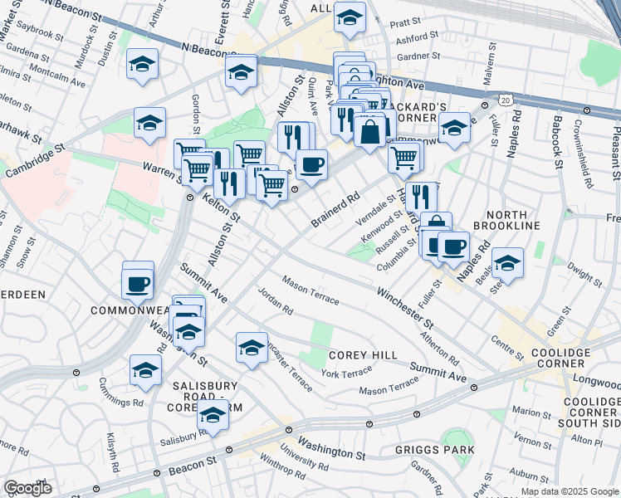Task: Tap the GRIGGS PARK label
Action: (442, 450)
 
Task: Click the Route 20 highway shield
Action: (506, 100)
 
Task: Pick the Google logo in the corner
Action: (27, 488)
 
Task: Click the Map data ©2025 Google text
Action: (570, 491)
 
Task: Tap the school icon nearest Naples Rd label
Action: (507, 263)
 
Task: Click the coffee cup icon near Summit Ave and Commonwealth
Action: (137, 284)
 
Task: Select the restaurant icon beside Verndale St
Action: (423, 197)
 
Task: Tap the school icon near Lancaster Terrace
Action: (252, 348)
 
